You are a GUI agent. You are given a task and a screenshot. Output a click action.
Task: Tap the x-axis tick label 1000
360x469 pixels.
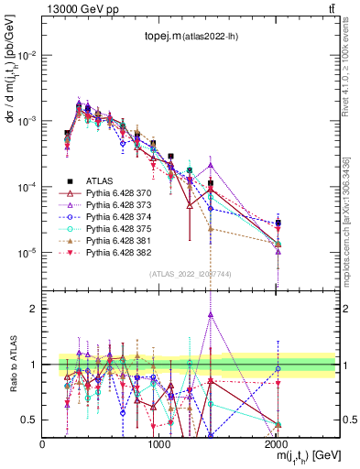159,444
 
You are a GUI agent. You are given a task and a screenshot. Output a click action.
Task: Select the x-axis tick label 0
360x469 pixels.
42,444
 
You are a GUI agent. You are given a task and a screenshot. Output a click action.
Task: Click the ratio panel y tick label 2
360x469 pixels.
33,309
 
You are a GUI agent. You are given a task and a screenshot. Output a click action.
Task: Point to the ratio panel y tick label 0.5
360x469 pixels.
29,420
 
